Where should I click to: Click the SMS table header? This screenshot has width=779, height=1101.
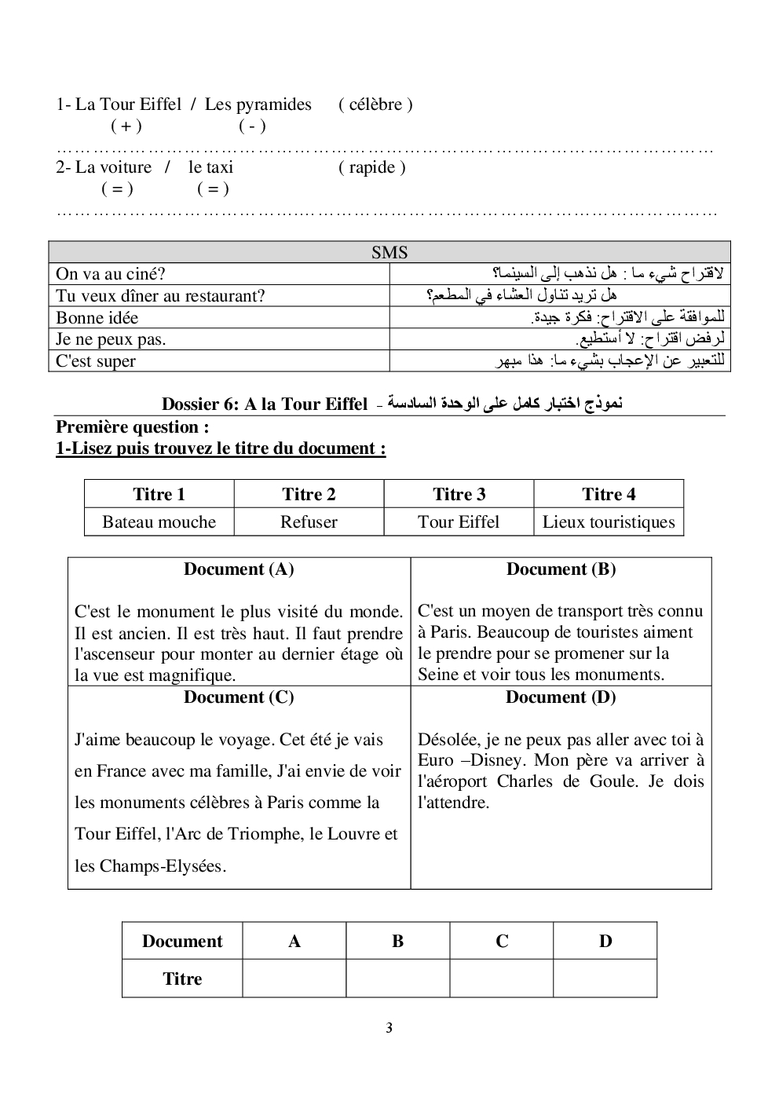[389, 252]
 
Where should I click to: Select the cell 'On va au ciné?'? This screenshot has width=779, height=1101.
[111, 274]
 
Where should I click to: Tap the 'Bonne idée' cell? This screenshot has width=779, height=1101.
[97, 318]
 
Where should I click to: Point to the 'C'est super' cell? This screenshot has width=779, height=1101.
[96, 361]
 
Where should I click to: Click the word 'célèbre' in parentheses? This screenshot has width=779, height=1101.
[375, 104]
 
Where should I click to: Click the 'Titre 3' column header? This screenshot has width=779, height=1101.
[459, 494]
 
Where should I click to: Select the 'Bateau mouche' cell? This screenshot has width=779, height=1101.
[159, 522]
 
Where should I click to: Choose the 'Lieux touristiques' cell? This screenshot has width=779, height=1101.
[609, 522]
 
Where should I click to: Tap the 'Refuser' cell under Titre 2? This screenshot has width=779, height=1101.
[309, 522]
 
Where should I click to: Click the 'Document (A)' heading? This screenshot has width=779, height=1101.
[239, 569]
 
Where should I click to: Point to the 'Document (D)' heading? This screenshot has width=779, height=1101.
[561, 697]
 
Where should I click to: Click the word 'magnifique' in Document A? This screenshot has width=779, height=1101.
[196, 675]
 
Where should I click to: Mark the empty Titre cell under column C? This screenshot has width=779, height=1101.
[502, 978]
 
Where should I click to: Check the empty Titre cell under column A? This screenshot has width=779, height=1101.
[294, 978]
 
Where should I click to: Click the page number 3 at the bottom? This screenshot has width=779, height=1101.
[389, 1028]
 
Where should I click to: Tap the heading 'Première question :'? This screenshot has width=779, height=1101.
[133, 427]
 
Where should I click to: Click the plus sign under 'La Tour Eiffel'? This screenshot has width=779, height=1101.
[126, 126]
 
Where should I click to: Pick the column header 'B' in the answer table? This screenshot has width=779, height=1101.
[398, 941]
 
